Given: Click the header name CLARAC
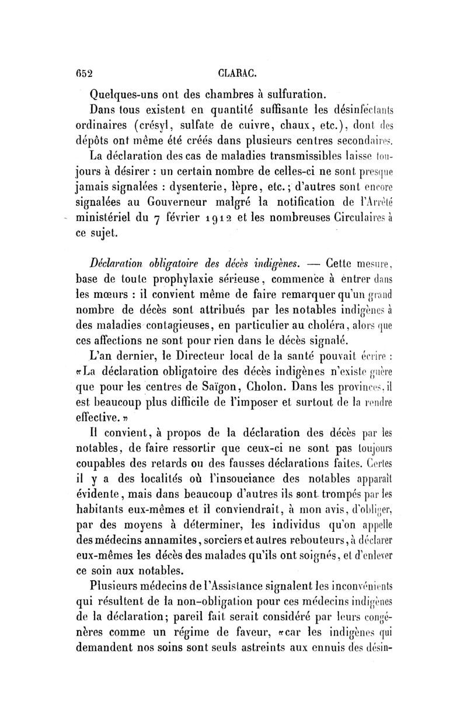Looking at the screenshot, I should (237, 73).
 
